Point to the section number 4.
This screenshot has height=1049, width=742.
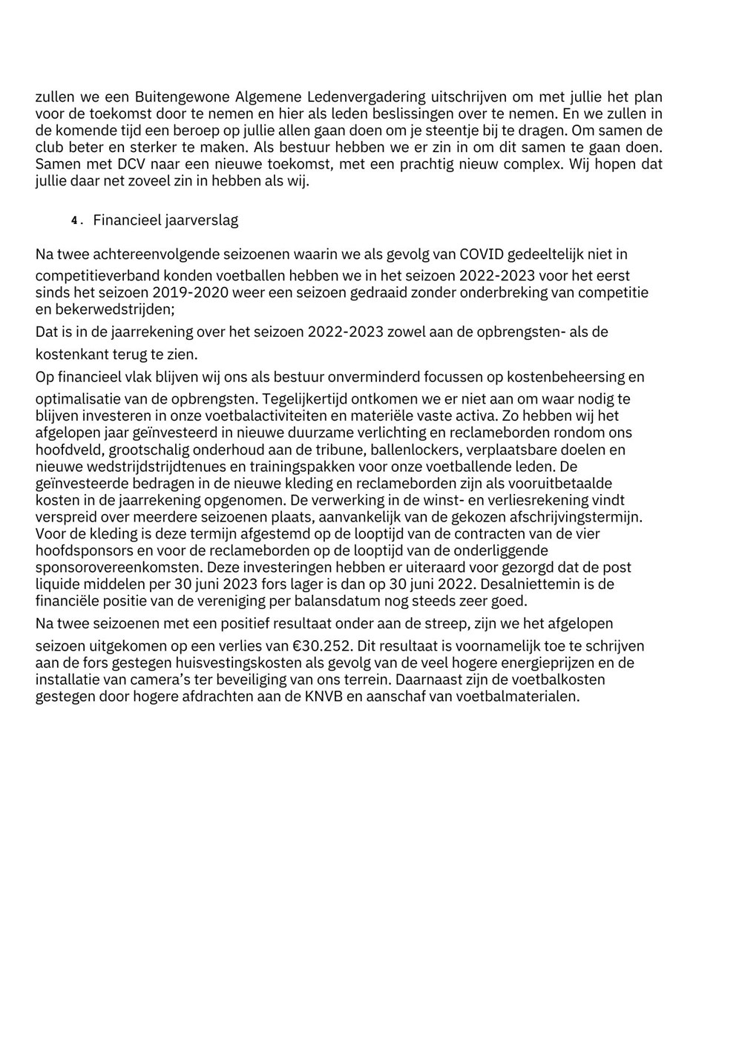click(74, 221)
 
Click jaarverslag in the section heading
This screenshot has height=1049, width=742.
click(201, 221)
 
